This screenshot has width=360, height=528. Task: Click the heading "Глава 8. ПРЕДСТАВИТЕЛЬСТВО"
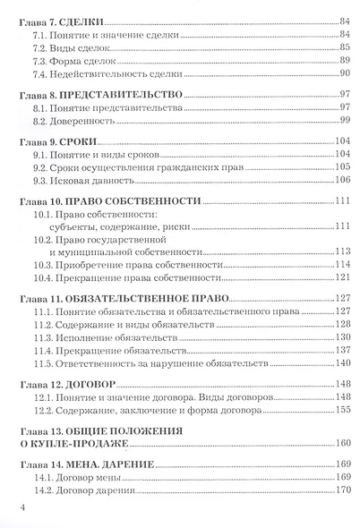tap(94, 94)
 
